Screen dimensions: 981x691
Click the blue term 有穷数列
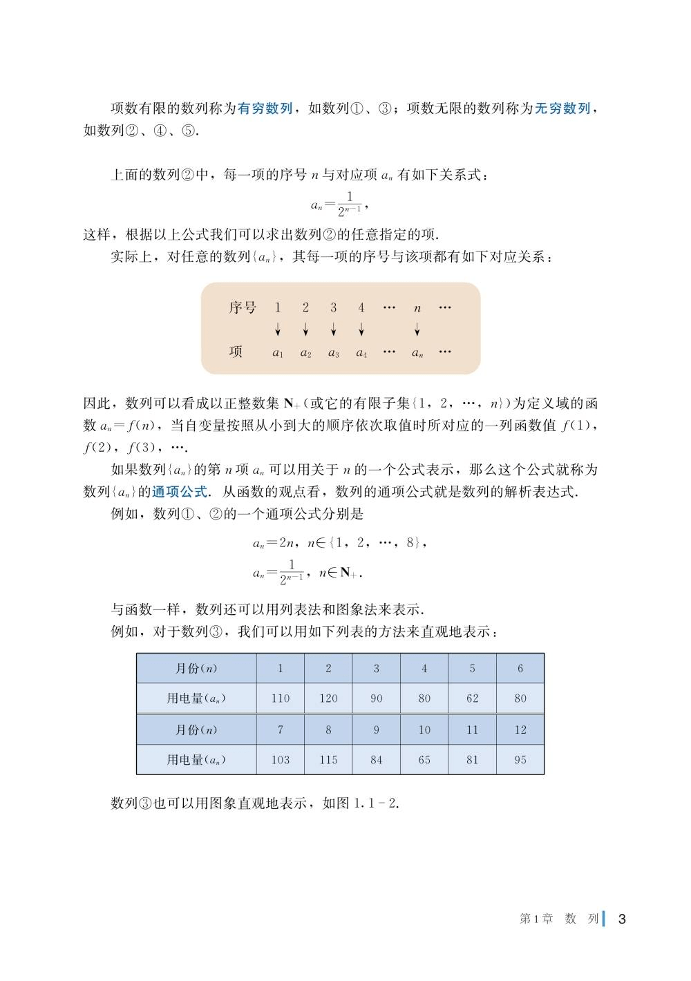pos(265,108)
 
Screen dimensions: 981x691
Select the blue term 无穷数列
pos(562,108)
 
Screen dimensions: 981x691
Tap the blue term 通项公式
pos(180,492)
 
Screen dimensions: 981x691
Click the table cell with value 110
pos(281,698)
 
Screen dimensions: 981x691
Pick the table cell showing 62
pos(473,698)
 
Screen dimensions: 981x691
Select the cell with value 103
pos(281,760)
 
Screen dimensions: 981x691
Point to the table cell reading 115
pos(328,760)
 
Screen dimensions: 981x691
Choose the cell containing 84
pos(377,760)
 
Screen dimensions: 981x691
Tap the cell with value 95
pos(520,760)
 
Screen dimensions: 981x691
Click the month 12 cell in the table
pos(520,730)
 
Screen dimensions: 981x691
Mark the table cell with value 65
pos(424,760)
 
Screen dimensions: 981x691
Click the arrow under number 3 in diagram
pos(333,329)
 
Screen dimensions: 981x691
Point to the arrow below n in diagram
pos(417,329)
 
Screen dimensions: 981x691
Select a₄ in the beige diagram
pos(361,353)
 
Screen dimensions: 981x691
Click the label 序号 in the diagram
pos(243,307)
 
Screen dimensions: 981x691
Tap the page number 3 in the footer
pos(622,919)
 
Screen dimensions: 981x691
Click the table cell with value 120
pos(328,698)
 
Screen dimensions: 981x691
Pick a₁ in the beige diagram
pos(278,353)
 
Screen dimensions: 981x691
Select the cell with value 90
pos(377,698)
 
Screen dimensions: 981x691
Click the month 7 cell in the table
pos(281,730)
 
